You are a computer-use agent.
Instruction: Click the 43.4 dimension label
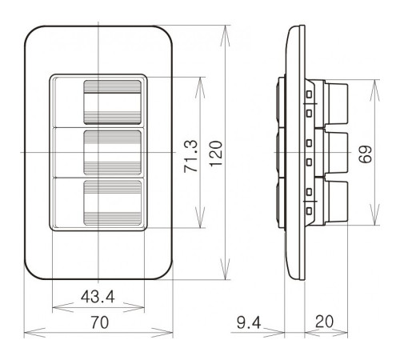(98, 297)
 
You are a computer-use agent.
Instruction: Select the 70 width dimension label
(100, 322)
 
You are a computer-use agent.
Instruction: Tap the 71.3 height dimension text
(191, 156)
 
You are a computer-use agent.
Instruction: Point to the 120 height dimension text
(216, 154)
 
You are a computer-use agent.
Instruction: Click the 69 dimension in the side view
(365, 154)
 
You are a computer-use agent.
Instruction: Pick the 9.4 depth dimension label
(249, 322)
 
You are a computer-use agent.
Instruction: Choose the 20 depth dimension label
(324, 322)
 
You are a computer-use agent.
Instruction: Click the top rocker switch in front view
(113, 102)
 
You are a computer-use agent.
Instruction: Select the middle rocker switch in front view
(113, 153)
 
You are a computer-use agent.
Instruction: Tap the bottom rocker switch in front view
(113, 202)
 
